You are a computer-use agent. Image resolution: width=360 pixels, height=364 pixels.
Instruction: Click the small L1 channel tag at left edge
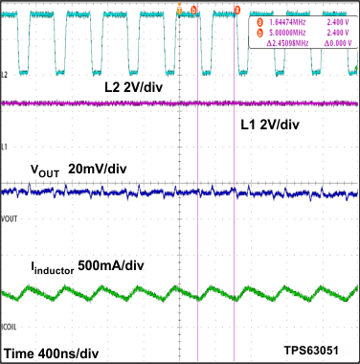6,146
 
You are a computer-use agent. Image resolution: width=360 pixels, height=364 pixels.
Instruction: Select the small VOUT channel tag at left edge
10,219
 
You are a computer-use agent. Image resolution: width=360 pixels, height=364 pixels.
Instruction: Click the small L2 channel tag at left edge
6,74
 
